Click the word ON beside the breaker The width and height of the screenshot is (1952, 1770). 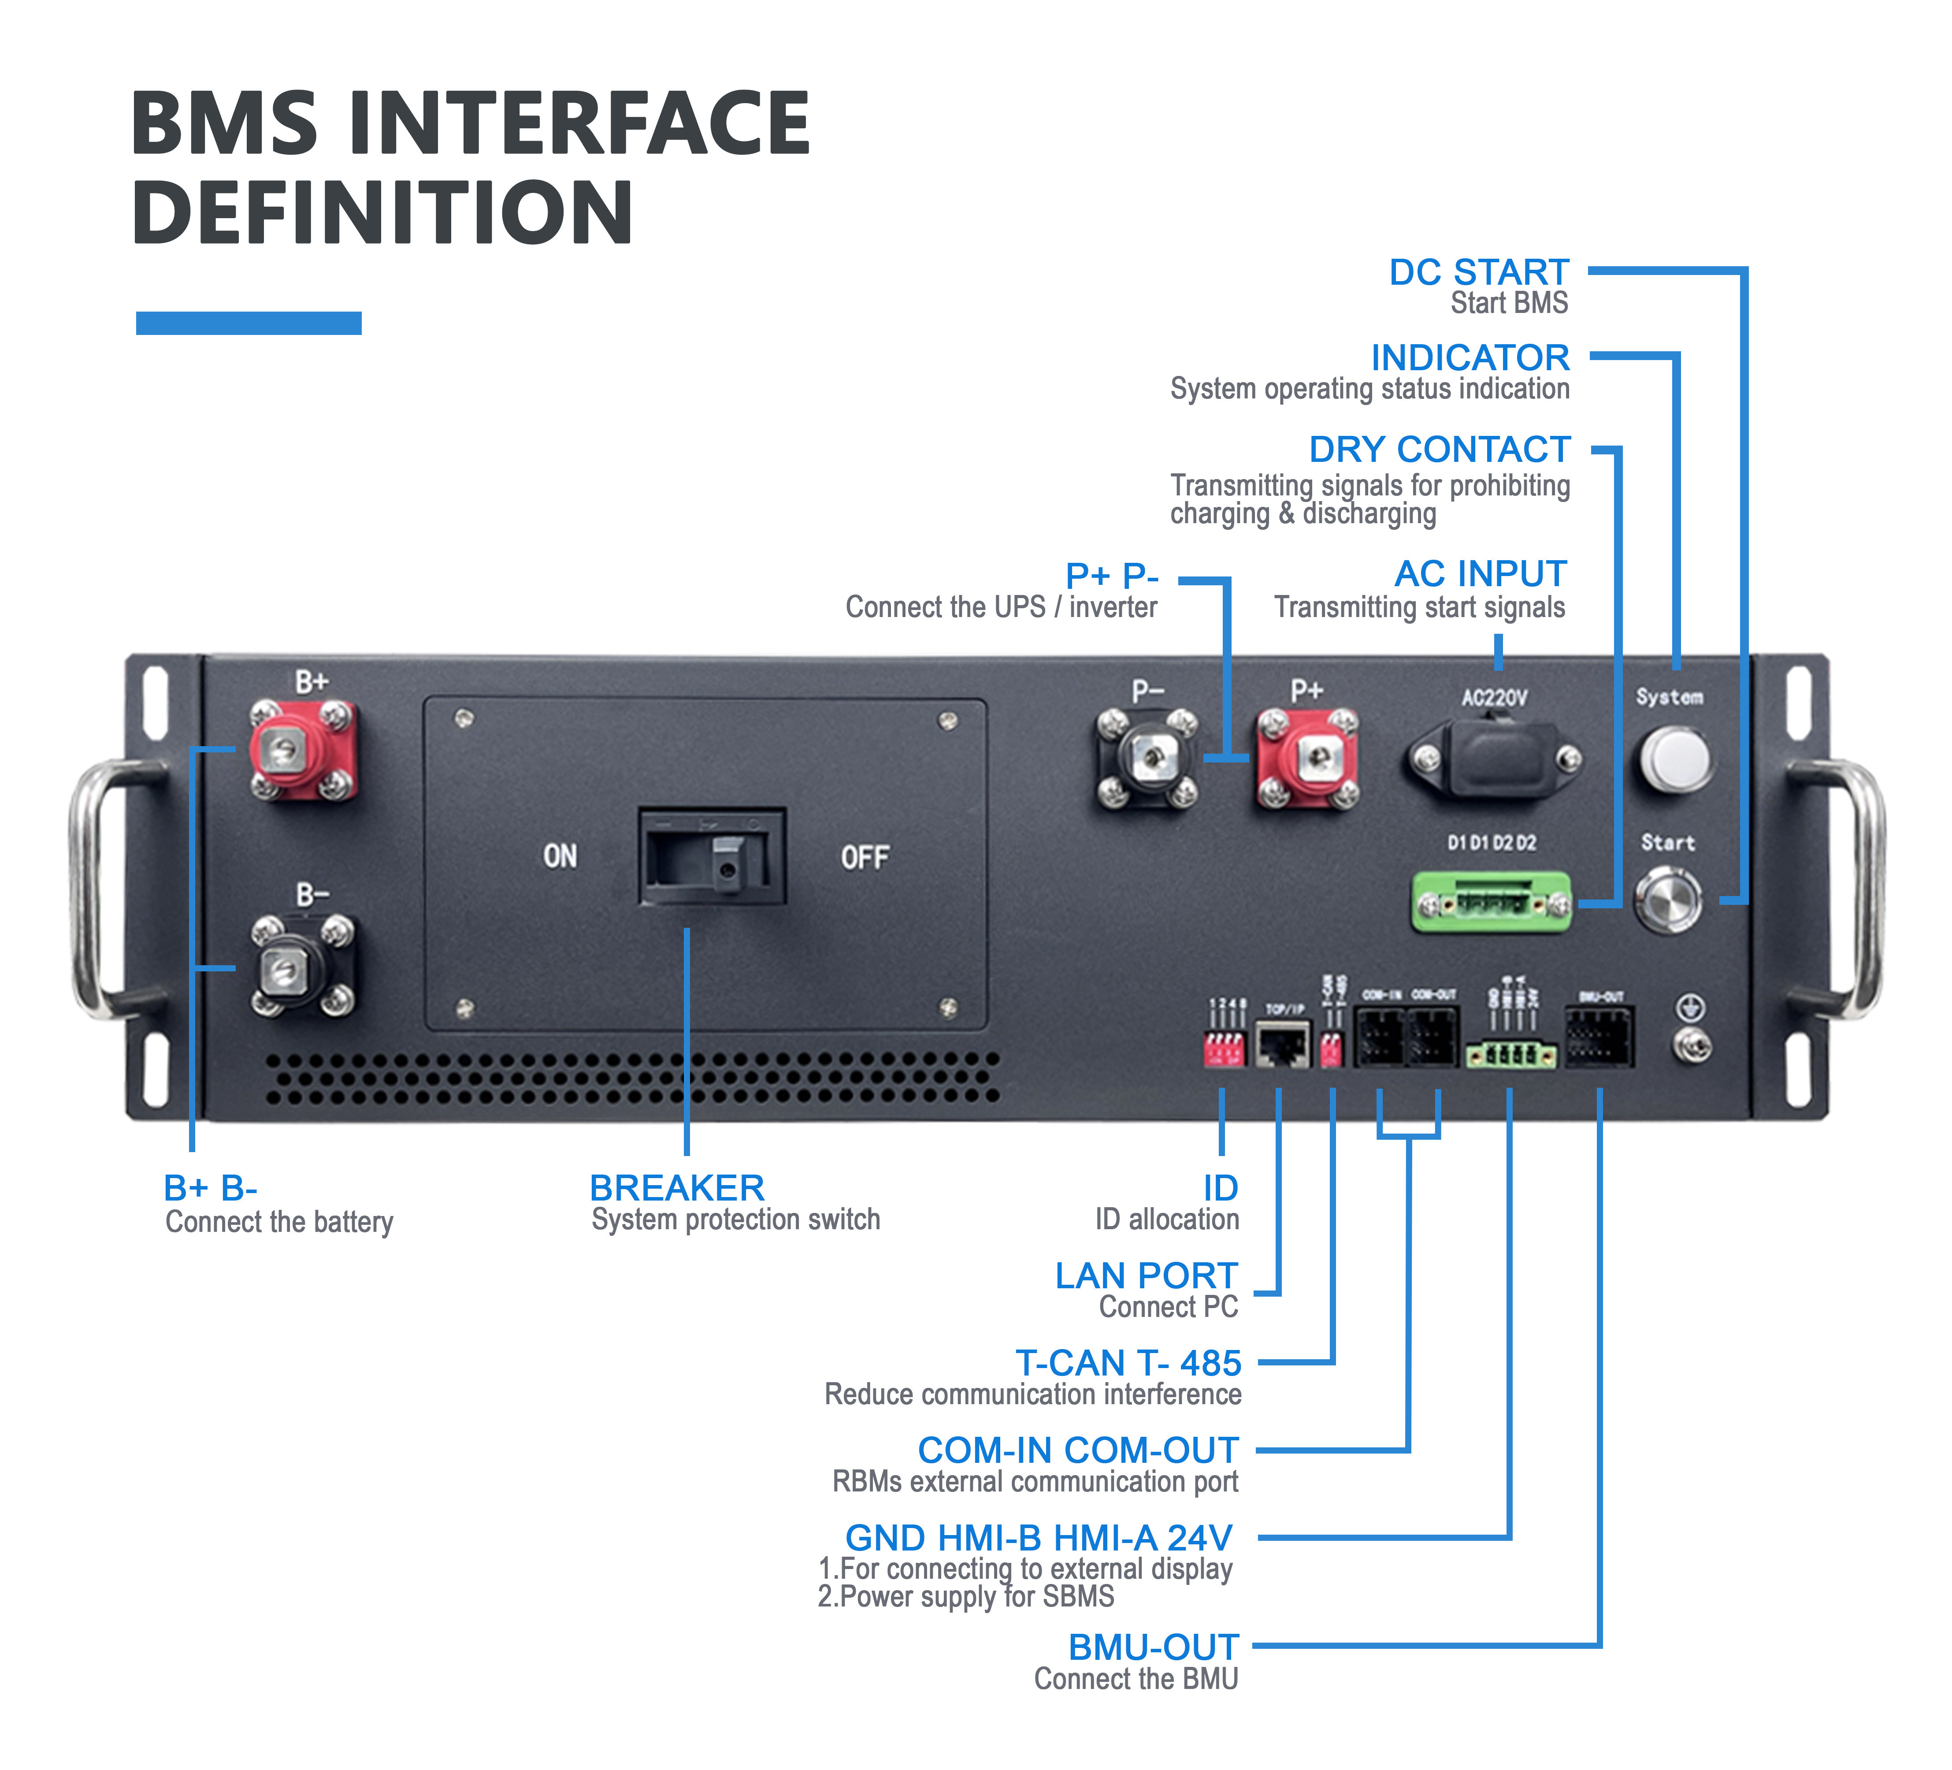[x=560, y=856]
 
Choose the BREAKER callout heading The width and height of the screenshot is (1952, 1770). [x=677, y=1188]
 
